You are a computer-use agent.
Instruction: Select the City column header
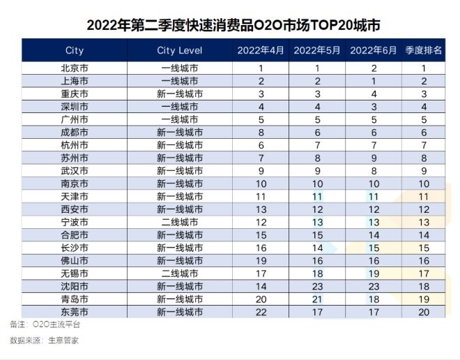tap(74, 50)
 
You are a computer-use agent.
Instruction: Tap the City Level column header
tap(179, 50)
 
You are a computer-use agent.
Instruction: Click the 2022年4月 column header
tap(261, 50)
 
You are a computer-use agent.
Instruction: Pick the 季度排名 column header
tap(423, 50)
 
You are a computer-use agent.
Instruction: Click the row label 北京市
tap(74, 68)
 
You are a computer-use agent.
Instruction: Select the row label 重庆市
tap(74, 94)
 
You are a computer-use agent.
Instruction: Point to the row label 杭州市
tap(74, 145)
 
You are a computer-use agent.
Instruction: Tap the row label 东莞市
tap(74, 311)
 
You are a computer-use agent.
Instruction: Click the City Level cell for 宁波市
tap(179, 222)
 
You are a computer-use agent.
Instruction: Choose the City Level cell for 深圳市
tap(179, 107)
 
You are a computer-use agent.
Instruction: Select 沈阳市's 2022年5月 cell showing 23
tap(316, 285)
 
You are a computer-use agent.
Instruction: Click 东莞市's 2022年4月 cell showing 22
tap(261, 311)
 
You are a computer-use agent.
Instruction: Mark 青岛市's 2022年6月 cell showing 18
tap(373, 299)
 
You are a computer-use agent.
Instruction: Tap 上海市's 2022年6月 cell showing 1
tap(373, 82)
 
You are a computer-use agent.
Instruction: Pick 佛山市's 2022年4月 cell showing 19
tap(261, 260)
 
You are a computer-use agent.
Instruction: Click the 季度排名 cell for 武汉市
tap(423, 171)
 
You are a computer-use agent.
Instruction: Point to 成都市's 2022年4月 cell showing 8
tap(261, 133)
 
